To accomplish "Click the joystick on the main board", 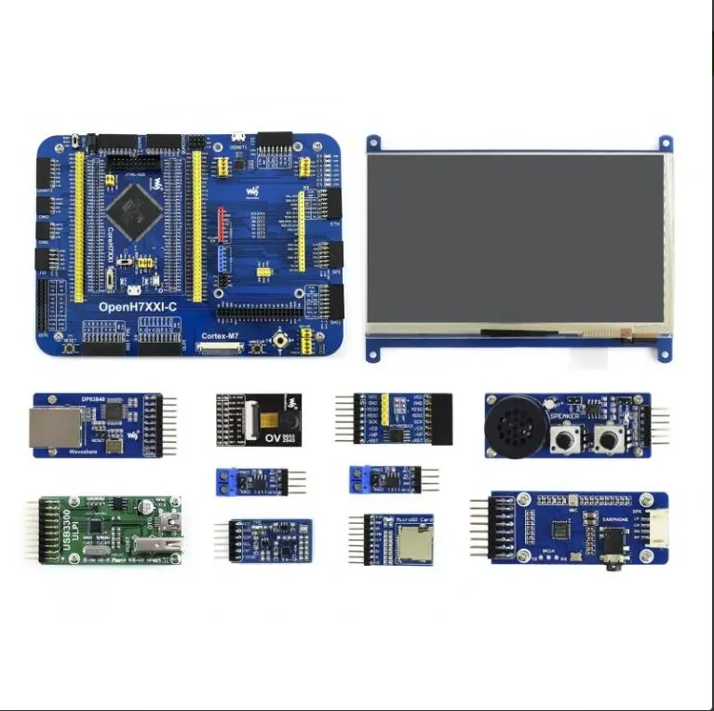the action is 278,342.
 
